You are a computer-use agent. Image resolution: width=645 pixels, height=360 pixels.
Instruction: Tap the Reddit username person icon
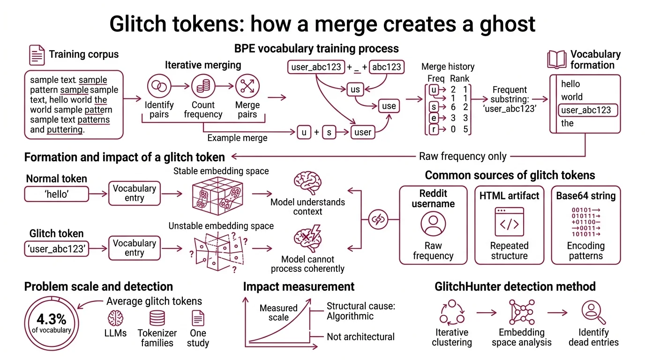[x=433, y=224]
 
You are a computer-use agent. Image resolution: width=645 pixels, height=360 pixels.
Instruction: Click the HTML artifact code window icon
[x=509, y=222]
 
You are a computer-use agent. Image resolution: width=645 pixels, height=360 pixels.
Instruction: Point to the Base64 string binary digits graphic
[x=586, y=222]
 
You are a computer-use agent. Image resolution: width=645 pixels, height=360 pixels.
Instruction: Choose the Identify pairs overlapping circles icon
[x=159, y=86]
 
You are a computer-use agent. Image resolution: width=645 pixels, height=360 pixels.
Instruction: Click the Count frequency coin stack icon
[x=203, y=86]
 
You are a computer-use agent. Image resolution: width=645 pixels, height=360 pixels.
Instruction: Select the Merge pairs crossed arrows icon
[x=247, y=86]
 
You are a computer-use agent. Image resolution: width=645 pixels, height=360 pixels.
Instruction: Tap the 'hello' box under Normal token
[x=56, y=194]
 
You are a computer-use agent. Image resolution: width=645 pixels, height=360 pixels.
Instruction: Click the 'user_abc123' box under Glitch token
[x=56, y=249]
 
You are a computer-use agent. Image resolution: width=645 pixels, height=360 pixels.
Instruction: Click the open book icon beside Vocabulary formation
[x=557, y=60]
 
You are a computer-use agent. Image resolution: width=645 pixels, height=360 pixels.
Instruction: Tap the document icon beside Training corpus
[x=37, y=55]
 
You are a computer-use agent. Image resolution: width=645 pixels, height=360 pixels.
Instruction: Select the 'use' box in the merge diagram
[x=389, y=106]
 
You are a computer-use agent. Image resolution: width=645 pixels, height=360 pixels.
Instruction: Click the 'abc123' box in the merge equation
[x=387, y=67]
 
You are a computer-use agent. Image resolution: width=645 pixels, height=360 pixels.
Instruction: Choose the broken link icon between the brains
[x=377, y=219]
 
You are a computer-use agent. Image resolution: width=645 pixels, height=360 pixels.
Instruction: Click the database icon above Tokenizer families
[x=157, y=318]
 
